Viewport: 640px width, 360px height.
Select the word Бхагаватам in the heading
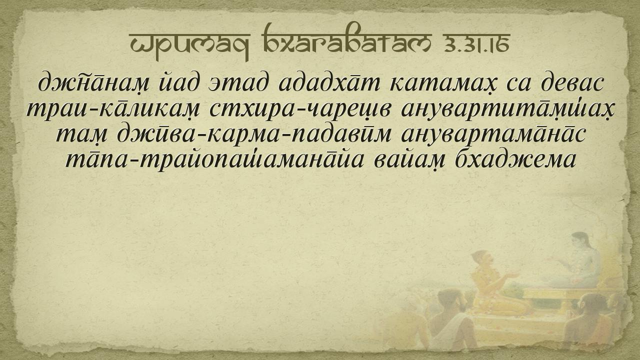[347, 38]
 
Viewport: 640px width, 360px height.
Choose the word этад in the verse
[239, 83]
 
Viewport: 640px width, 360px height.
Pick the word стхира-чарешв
[299, 109]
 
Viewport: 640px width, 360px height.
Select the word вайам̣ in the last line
[409, 160]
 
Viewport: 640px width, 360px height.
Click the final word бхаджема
[514, 159]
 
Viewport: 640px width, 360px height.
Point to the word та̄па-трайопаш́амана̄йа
[215, 160]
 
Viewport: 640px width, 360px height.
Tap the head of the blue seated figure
[580, 241]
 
